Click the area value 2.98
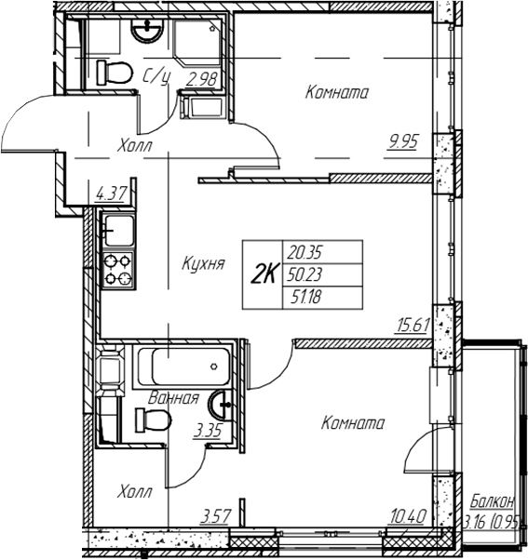point(202,79)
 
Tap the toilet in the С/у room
point(115,73)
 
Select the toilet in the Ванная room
point(153,420)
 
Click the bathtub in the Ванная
point(184,367)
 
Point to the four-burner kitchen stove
point(118,270)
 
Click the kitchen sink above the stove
point(118,231)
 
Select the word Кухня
point(203,264)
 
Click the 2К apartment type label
point(264,274)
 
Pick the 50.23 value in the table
point(305,274)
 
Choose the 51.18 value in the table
point(306,297)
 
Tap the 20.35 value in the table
point(305,253)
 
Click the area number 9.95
point(403,142)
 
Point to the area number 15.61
point(413,326)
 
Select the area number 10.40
point(408,516)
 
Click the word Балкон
point(493,501)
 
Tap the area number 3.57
point(215,516)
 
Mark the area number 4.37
point(111,194)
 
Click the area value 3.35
point(208,431)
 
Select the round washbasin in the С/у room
point(147,31)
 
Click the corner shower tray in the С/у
point(196,42)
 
